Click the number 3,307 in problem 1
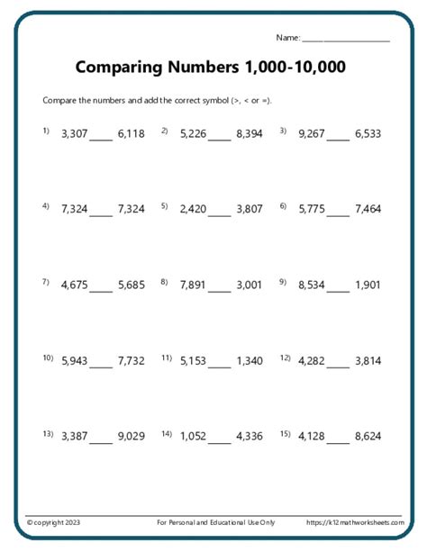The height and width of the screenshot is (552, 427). point(74,134)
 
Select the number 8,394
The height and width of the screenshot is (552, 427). point(250,134)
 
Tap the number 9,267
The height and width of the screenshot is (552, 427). point(311,134)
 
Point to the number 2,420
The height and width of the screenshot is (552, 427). point(193,209)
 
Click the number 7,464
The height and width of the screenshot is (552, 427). point(368,209)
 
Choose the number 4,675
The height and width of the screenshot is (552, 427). point(74,285)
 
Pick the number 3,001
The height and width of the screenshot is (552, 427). point(250,285)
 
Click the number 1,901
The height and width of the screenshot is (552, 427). point(368,285)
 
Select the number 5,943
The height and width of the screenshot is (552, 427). point(74,361)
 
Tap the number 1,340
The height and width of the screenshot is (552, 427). point(250,361)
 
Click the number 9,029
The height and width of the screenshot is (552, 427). point(131,437)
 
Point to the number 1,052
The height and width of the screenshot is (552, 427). point(193,437)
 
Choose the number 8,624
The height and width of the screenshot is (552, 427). point(368,437)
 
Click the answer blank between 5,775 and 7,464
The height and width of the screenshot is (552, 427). point(338,213)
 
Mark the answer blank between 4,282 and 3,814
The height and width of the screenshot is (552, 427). point(338,366)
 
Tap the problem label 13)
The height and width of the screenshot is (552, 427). point(48,434)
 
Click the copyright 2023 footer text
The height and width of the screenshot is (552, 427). point(53,522)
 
